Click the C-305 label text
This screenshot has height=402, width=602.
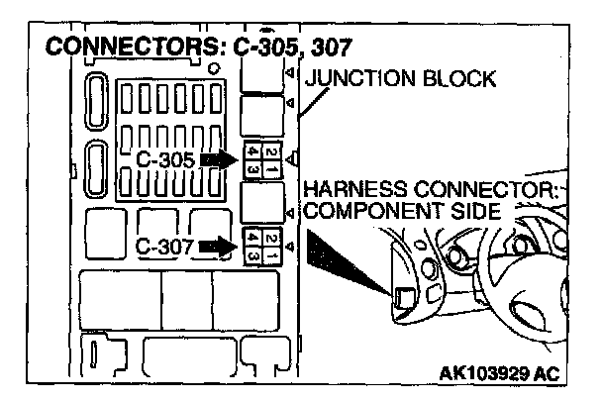(165, 158)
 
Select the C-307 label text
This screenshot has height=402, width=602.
(163, 245)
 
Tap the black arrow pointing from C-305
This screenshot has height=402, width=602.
(219, 158)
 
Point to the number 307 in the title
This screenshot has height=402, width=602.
(333, 48)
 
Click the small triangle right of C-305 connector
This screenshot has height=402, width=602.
(291, 158)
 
